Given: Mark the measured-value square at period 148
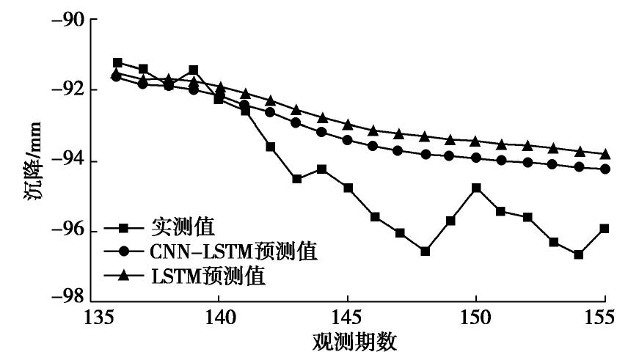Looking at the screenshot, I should click(x=425, y=251).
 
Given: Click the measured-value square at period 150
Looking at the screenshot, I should click(x=477, y=188).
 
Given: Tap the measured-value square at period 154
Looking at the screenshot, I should click(x=579, y=254).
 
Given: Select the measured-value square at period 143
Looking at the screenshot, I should click(x=296, y=179).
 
